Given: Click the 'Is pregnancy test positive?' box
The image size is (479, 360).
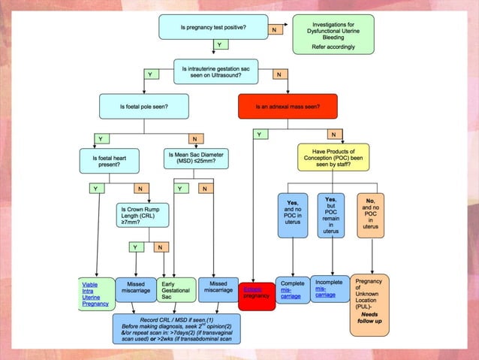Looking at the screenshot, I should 213,28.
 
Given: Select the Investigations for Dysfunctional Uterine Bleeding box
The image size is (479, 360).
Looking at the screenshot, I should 334,35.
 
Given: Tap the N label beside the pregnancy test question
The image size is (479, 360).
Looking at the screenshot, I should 274,29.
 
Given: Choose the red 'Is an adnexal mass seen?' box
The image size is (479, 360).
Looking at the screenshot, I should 291,107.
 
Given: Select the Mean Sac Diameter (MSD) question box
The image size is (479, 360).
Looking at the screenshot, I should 195,159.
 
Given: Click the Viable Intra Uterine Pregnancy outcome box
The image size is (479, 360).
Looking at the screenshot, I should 95,293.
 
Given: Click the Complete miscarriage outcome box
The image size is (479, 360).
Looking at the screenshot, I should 292,289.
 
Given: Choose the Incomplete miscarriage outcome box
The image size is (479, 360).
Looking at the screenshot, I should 329,289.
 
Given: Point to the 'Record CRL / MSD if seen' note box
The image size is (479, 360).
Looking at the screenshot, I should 177,328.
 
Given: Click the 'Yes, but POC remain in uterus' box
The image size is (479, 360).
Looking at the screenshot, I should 330,215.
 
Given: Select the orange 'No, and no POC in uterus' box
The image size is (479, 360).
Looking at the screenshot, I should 369,215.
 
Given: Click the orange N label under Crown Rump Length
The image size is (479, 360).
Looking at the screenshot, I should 159,247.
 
